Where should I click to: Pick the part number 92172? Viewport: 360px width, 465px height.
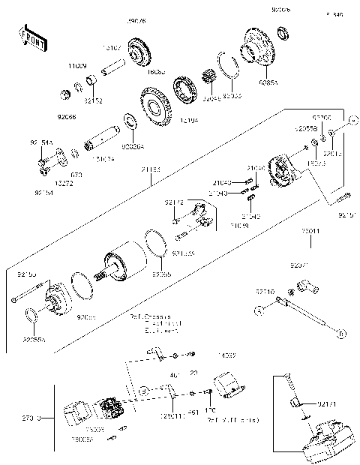click(x=174, y=202)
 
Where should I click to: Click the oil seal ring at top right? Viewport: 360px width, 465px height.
click(x=284, y=33)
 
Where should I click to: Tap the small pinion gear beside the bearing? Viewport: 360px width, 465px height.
click(x=208, y=76)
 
